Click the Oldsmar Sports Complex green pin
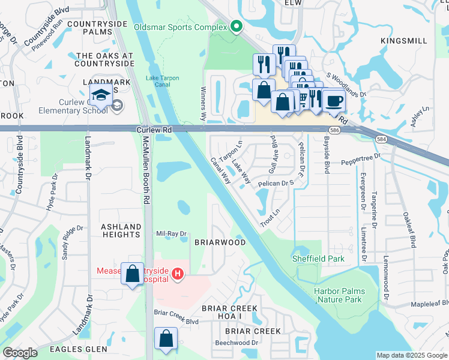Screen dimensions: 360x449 tap(237, 27)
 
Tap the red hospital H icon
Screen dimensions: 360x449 tap(177, 274)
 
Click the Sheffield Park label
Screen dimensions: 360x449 tap(310, 259)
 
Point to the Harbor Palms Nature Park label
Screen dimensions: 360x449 tap(339, 295)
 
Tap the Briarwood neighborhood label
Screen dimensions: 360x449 tap(220, 242)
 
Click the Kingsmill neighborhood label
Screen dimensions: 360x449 tap(404, 41)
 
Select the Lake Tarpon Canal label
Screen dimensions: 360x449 tap(158, 82)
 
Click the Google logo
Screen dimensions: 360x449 tap(20, 353)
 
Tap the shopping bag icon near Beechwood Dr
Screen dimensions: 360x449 tap(165, 338)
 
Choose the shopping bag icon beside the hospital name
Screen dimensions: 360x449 tap(132, 274)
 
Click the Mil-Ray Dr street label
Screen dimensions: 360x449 tap(171, 234)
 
